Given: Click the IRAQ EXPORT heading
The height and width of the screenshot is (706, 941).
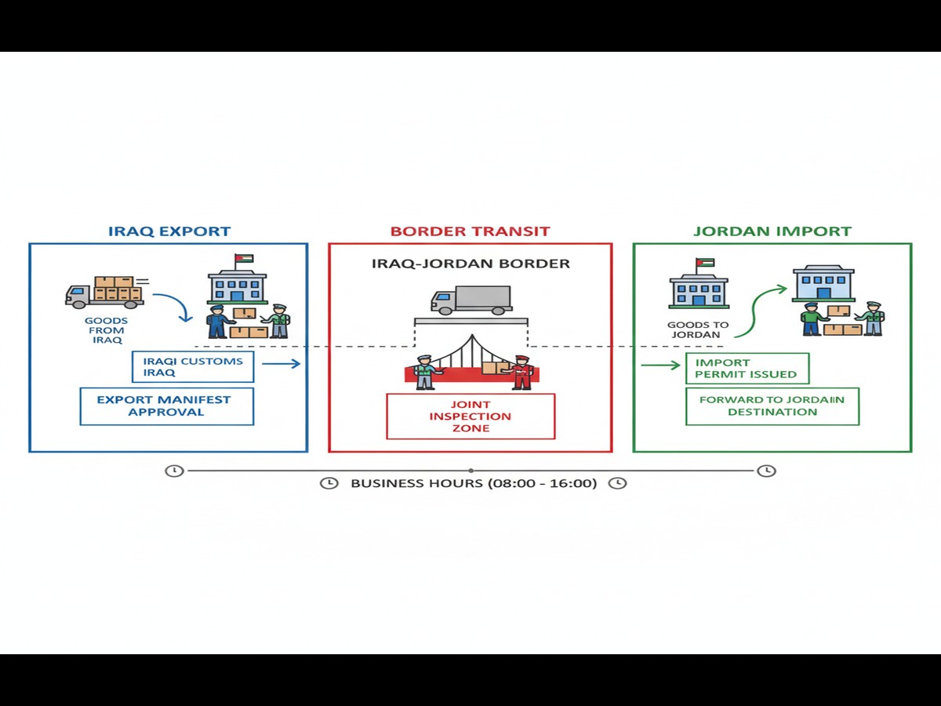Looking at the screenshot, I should coord(169,231).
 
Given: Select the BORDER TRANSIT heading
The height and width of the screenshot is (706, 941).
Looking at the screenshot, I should coord(470,231).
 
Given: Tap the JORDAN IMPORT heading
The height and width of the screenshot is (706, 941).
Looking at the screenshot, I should coord(772,231).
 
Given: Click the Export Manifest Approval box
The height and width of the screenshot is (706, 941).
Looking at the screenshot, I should coord(167,406).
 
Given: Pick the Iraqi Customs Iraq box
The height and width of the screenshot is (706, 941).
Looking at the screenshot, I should coord(193,366).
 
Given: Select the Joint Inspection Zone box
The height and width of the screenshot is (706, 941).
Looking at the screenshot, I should coord(470,416).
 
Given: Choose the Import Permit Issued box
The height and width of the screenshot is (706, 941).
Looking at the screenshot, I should coord(747,368).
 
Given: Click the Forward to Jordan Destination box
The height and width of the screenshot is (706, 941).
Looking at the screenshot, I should coord(772,406).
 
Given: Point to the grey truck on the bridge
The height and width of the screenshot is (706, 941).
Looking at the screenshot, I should coord(470,300).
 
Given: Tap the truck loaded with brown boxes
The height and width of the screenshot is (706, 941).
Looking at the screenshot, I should coord(104,291).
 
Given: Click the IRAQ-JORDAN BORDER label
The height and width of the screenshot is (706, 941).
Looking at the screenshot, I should coord(470,264).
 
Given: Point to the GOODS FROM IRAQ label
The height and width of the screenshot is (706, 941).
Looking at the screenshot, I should coord(107,330).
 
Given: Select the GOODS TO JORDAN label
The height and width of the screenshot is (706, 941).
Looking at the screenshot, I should coord(698,329).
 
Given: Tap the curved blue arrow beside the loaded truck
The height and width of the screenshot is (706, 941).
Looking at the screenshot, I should coord(174,306).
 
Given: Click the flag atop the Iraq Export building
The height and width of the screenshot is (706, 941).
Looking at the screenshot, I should coord(243,259).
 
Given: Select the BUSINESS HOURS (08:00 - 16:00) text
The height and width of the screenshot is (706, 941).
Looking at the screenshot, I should coord(474,483).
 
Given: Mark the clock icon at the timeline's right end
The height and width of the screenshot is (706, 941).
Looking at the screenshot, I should coord(766,471).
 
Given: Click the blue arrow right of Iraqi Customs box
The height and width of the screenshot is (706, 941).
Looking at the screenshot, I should coord(281,363).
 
